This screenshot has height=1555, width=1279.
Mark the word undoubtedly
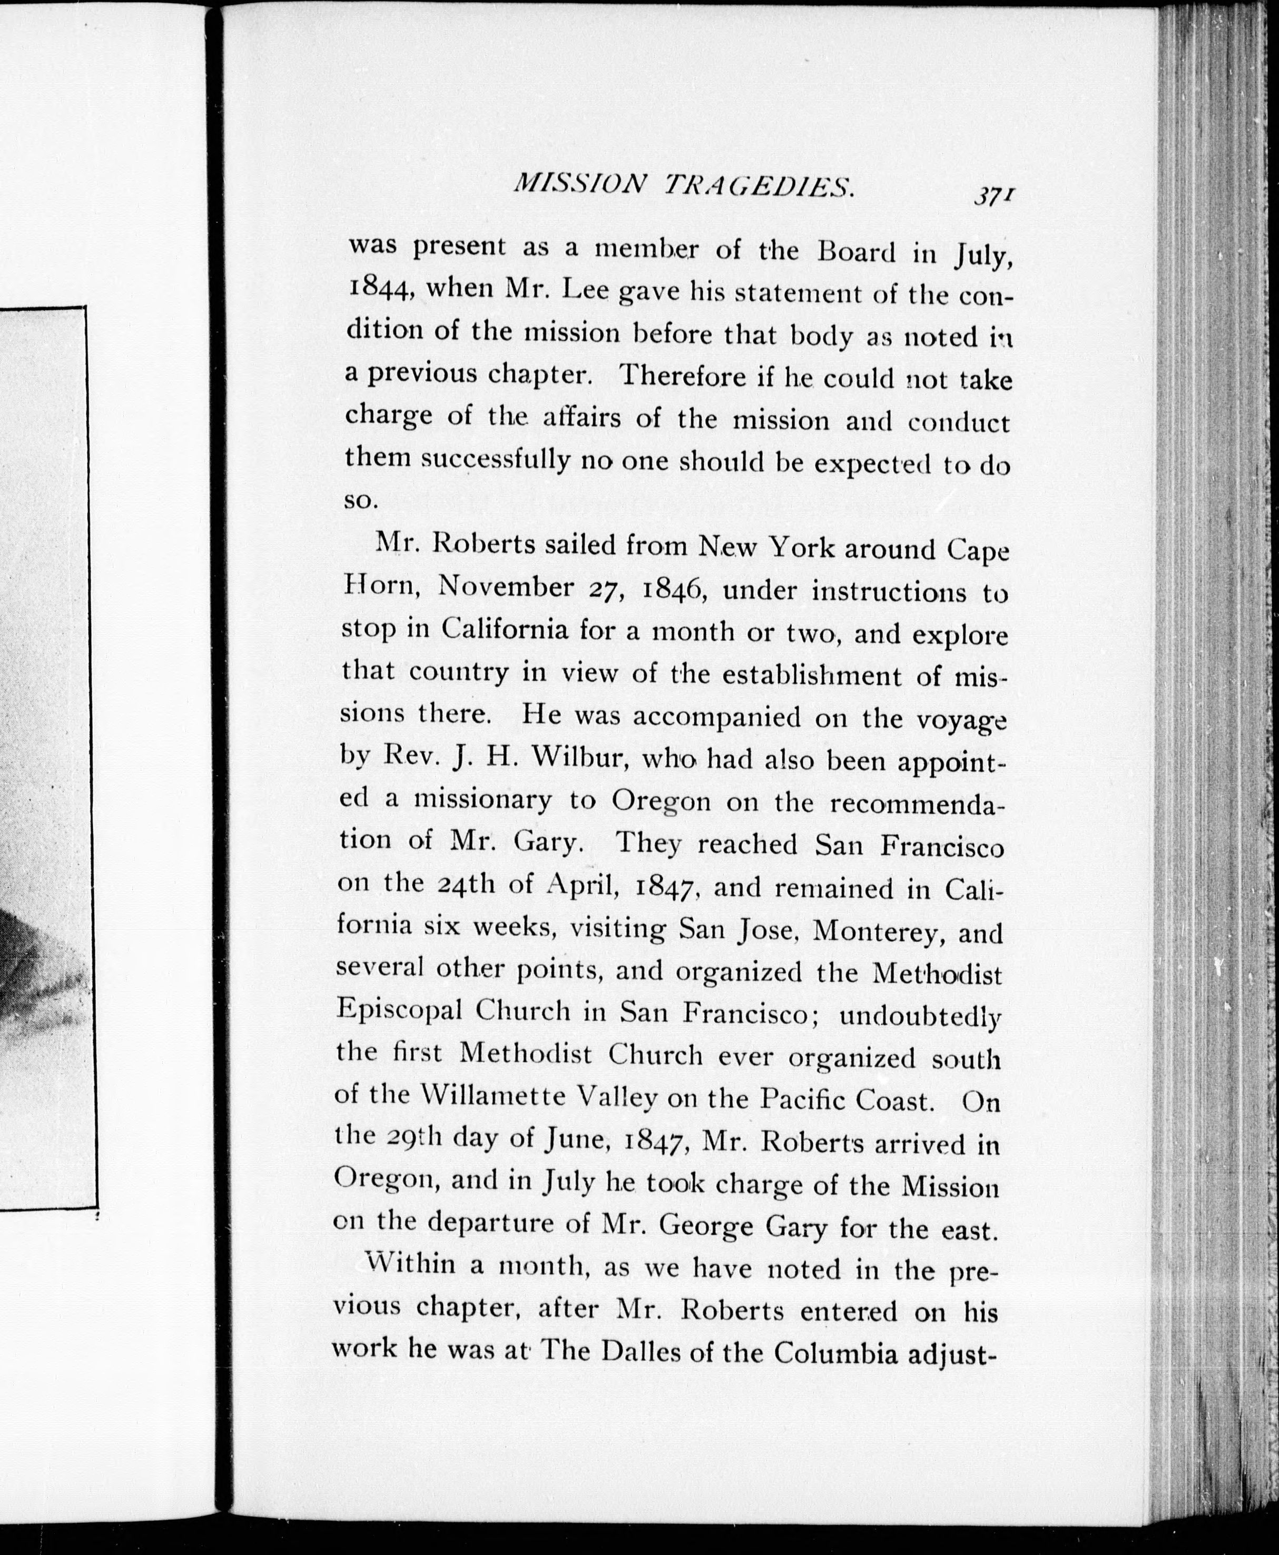pos(920,1016)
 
